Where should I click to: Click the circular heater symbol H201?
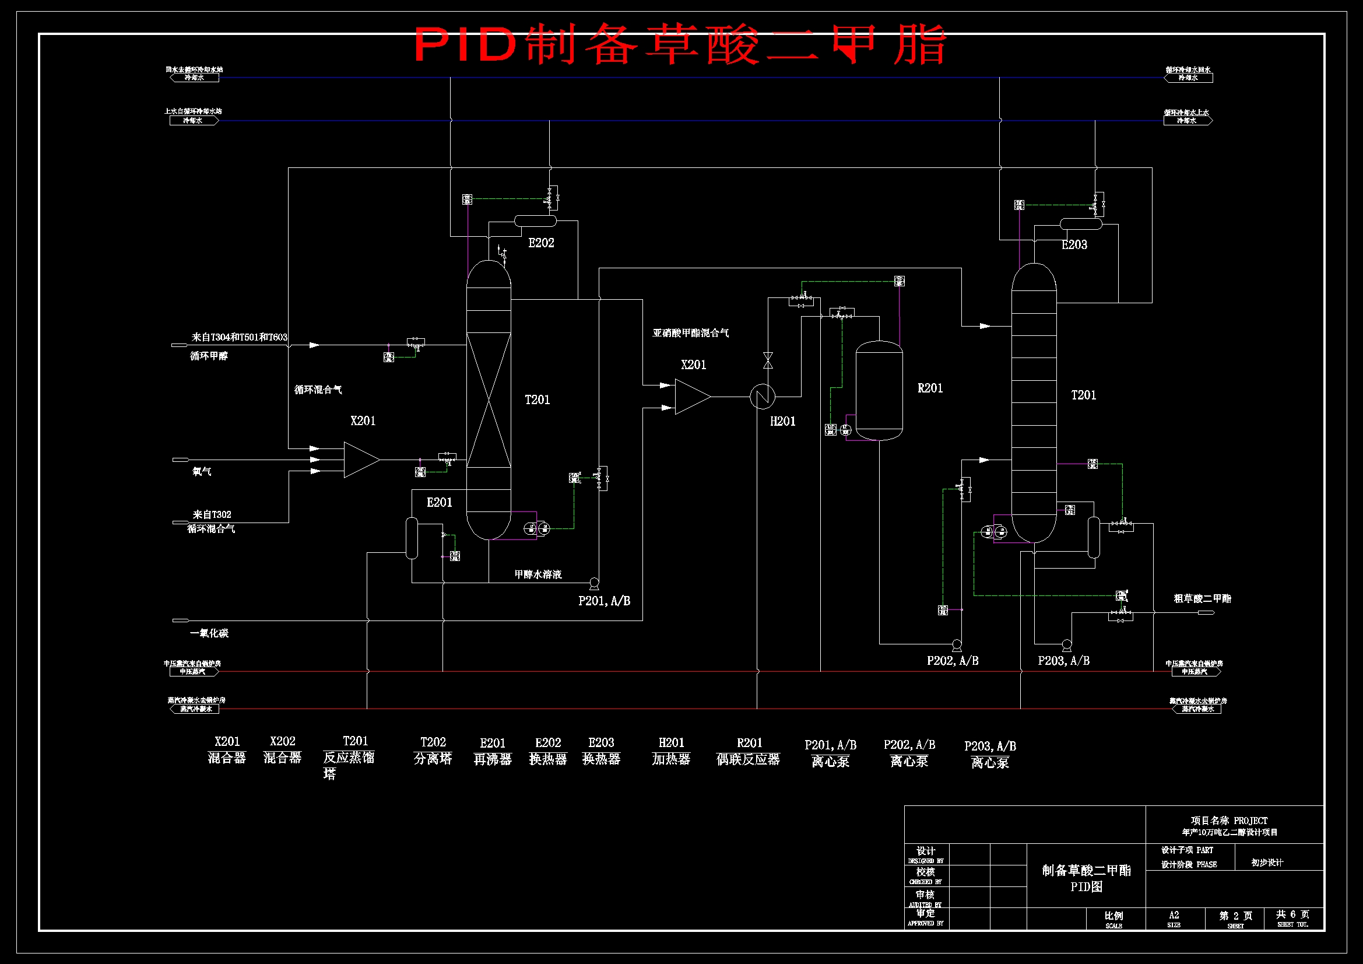(x=762, y=396)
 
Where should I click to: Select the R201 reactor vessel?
(x=879, y=390)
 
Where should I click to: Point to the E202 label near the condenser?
(x=541, y=243)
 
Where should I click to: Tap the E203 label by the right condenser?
(x=1074, y=245)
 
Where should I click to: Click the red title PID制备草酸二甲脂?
(x=680, y=44)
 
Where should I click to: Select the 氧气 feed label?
(x=202, y=472)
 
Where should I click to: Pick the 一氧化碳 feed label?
(x=209, y=633)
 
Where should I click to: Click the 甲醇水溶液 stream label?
(x=538, y=574)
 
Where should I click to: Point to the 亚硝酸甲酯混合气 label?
(x=690, y=333)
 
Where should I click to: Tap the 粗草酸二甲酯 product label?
(x=1202, y=599)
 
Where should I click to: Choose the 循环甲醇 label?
(x=209, y=356)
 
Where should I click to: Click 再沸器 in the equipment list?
(x=492, y=760)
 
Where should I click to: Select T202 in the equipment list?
(x=433, y=742)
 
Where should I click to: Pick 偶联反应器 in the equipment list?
(x=748, y=760)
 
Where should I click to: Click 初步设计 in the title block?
(x=1267, y=863)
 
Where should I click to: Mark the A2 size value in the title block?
(x=1174, y=915)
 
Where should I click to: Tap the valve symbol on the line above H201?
(x=768, y=360)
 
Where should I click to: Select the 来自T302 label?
(x=212, y=514)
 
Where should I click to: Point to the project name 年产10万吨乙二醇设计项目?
(x=1229, y=832)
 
